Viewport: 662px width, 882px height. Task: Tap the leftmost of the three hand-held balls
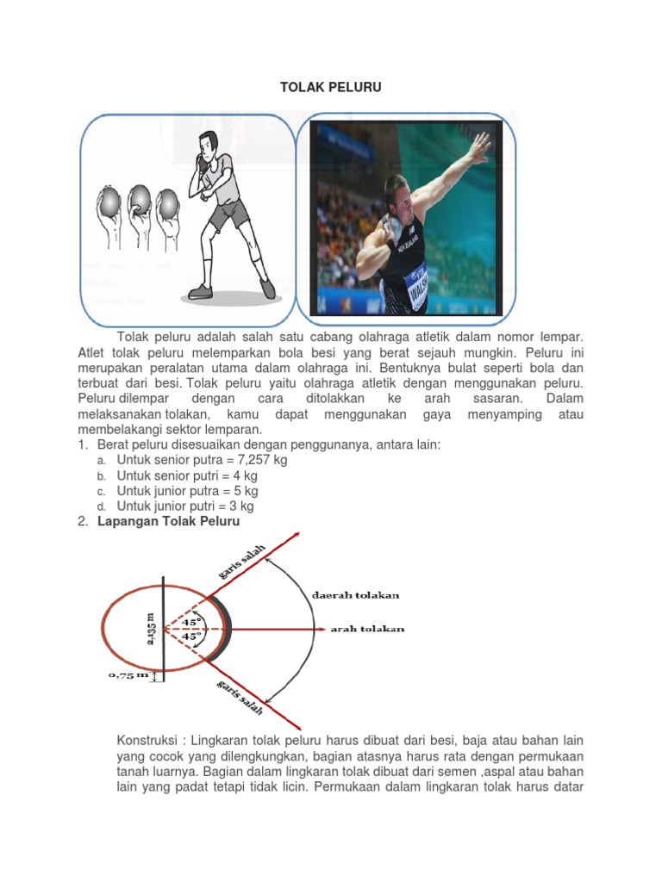(x=109, y=203)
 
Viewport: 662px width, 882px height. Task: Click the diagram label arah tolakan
(x=367, y=630)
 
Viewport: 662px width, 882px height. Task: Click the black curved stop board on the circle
(x=227, y=630)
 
